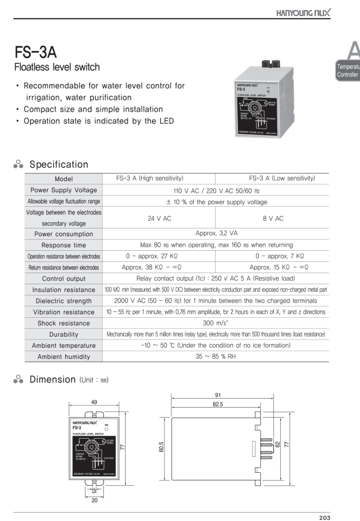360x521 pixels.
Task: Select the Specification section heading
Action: click(59, 164)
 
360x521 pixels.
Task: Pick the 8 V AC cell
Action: click(272, 218)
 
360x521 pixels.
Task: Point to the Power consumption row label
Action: click(63, 234)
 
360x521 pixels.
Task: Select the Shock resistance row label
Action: click(63, 323)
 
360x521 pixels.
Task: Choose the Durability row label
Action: click(63, 334)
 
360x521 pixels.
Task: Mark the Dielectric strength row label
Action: click(63, 301)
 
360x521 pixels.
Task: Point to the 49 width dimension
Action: click(94, 402)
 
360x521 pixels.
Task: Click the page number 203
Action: click(325, 517)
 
